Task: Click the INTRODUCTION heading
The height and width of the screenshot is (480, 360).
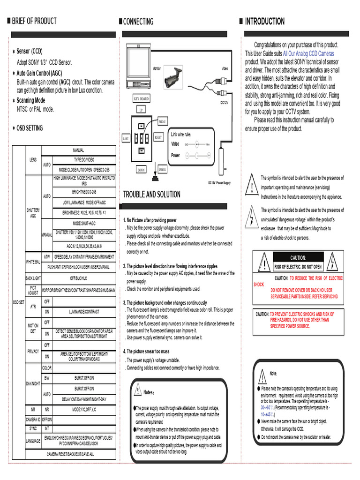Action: [x=265, y=22]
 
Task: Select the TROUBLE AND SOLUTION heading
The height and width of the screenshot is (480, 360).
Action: [x=151, y=195]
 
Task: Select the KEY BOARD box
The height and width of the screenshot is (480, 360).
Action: [x=141, y=99]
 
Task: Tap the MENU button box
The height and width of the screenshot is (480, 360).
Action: [x=163, y=122]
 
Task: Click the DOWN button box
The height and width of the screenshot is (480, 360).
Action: [x=141, y=170]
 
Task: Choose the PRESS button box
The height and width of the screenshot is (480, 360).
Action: [x=162, y=170]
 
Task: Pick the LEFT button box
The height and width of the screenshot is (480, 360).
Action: [x=126, y=139]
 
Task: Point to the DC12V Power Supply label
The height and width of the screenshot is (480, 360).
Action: [x=219, y=182]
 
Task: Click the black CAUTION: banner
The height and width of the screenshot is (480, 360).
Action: [x=298, y=257]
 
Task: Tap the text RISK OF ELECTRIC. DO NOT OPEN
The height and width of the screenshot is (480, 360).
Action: [x=298, y=267]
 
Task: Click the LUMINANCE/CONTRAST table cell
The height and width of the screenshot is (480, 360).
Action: [x=84, y=311]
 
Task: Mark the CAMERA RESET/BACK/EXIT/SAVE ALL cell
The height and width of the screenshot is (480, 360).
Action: [x=70, y=454]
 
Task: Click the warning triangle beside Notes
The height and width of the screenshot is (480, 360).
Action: [x=139, y=390]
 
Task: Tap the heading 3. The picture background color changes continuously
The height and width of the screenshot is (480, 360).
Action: [x=165, y=303]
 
